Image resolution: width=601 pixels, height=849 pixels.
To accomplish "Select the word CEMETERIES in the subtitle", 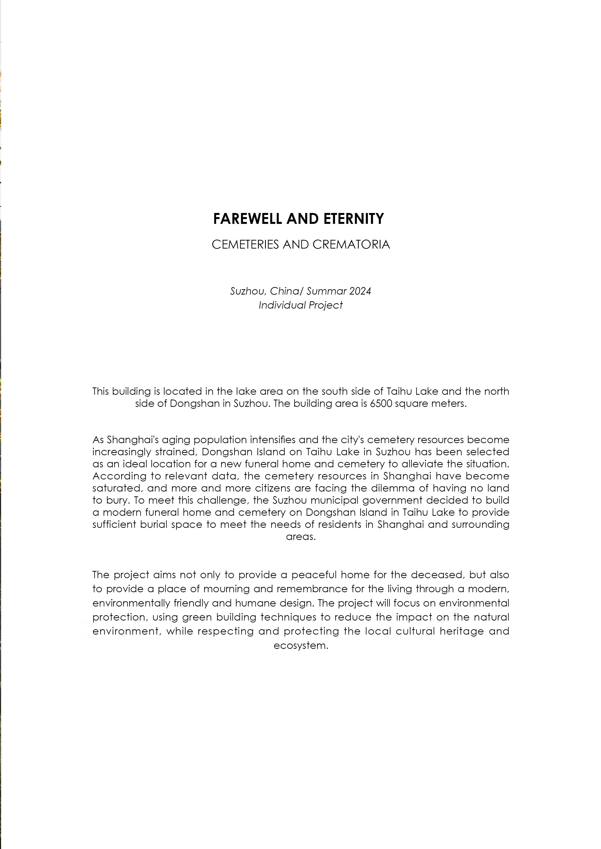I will [245, 245].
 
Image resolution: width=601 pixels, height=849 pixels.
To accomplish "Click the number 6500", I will [381, 404].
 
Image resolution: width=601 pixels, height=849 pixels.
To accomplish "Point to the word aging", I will [176, 440].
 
